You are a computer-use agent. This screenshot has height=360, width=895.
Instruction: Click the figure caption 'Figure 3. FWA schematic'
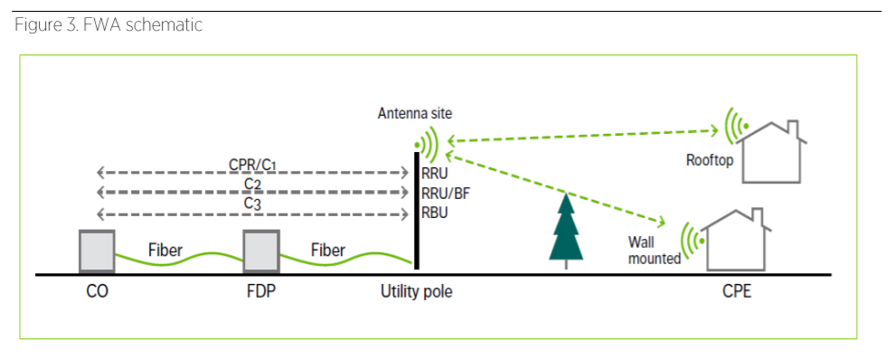tap(108, 25)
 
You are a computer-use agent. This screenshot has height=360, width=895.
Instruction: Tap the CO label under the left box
tap(96, 293)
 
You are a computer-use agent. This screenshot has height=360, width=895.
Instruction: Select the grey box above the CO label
tap(97, 251)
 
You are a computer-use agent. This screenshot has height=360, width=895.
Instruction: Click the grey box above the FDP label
tap(259, 251)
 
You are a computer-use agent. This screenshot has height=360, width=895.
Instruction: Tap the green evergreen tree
tap(566, 232)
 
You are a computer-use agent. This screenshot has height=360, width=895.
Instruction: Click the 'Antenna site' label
tap(415, 114)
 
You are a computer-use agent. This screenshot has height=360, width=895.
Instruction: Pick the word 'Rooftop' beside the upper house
tap(710, 160)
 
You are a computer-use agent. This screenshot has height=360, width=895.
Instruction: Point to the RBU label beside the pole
tap(435, 213)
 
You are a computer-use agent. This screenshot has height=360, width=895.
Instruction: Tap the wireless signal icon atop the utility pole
tap(425, 142)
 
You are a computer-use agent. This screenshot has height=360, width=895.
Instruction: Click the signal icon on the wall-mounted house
tap(692, 241)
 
